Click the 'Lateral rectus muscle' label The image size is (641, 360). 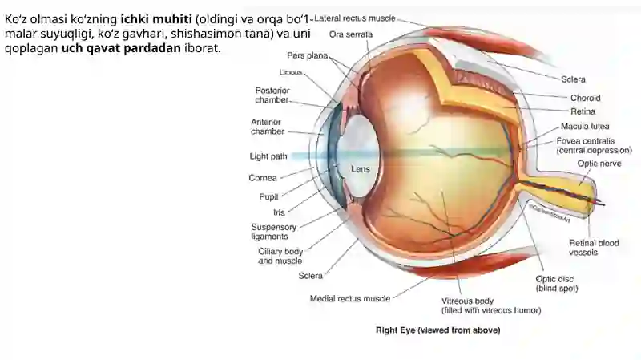click(x=355, y=18)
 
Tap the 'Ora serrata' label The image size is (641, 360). click(x=351, y=34)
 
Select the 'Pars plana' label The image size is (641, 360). click(x=308, y=55)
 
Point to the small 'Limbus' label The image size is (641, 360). click(x=291, y=72)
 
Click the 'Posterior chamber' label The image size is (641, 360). click(x=272, y=95)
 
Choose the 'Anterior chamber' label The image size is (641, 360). click(x=268, y=127)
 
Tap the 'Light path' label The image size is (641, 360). click(x=268, y=156)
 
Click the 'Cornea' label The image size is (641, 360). click(x=263, y=178)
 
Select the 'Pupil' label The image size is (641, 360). click(x=268, y=196)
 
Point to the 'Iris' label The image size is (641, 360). click(x=279, y=212)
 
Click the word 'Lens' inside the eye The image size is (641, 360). click(x=361, y=169)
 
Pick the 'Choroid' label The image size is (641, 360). click(x=586, y=98)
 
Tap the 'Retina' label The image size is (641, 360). click(x=583, y=111)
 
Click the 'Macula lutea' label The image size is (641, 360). click(x=585, y=127)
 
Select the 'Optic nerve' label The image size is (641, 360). click(x=599, y=164)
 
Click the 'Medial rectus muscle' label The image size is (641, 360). click(x=350, y=298)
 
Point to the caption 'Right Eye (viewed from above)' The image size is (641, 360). click(x=437, y=330)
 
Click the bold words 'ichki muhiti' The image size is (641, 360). click(x=156, y=18)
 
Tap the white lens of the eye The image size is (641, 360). click(x=360, y=156)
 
